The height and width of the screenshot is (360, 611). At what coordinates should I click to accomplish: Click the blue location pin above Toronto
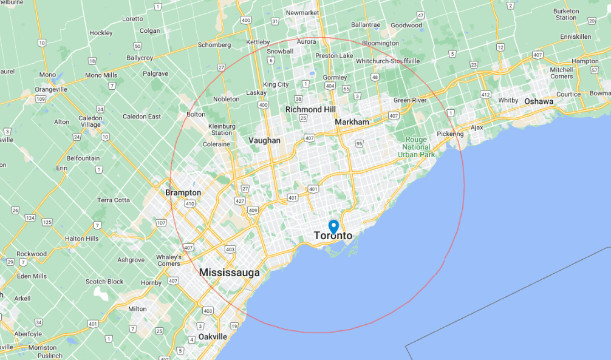tap(333, 226)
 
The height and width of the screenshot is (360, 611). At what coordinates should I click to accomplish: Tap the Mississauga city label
tap(230, 273)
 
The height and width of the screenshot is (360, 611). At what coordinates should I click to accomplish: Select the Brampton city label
tap(183, 192)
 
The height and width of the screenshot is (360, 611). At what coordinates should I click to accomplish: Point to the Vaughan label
tap(264, 140)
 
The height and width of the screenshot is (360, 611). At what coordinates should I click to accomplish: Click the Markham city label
tap(352, 122)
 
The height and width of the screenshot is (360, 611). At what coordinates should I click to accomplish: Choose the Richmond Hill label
tap(310, 109)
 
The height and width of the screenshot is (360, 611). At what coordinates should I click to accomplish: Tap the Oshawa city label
tap(539, 101)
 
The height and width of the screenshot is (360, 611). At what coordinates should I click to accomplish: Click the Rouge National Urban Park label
tap(417, 147)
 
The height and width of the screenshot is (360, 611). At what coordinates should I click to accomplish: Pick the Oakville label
tap(213, 336)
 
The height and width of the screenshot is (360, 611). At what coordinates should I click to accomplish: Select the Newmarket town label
tap(302, 13)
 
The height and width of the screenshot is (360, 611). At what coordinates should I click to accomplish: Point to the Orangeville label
tap(51, 89)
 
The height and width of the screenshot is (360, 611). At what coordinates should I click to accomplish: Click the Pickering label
tap(450, 134)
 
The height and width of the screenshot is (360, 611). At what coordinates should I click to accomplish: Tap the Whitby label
tap(508, 100)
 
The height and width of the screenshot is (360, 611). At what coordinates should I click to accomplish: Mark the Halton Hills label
tap(81, 239)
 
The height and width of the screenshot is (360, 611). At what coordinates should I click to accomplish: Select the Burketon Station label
tap(565, 14)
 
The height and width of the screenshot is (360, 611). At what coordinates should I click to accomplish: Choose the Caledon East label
tap(142, 117)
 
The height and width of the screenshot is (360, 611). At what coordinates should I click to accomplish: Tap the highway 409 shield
tap(253, 210)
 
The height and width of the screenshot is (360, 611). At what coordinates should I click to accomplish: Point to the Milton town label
tap(137, 308)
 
